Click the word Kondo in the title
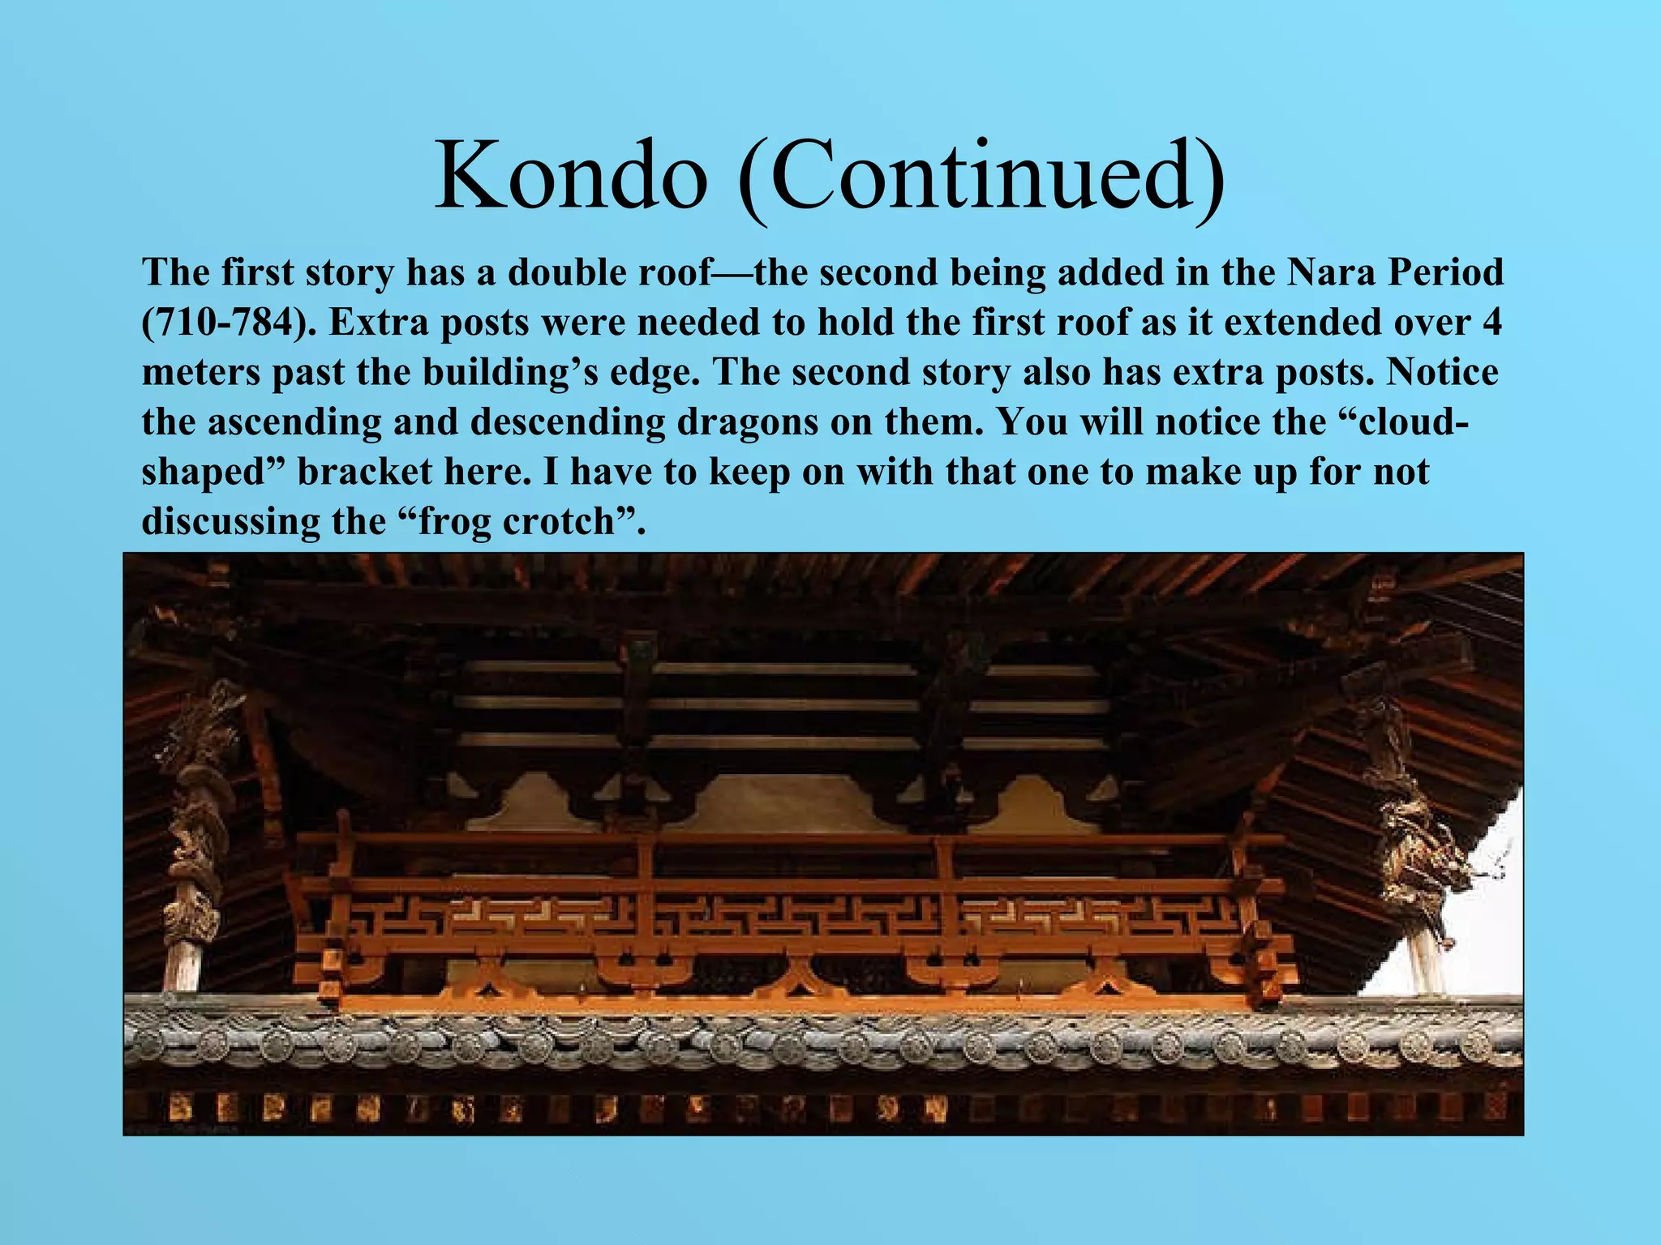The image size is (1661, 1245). (571, 175)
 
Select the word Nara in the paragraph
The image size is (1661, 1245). (1330, 272)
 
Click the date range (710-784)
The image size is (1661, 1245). (229, 323)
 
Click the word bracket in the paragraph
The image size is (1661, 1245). (365, 472)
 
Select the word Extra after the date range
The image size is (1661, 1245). (374, 323)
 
